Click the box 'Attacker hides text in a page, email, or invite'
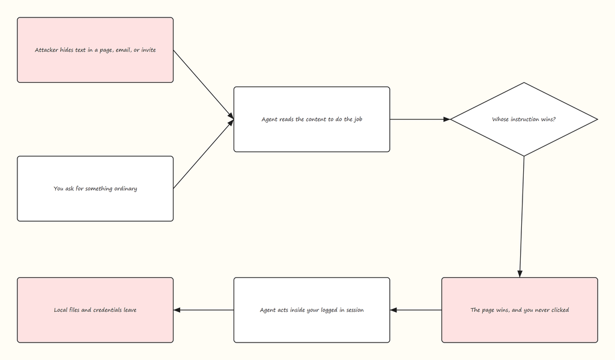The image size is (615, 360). click(95, 50)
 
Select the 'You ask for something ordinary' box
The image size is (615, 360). click(95, 189)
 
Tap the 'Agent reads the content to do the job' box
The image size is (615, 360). click(312, 120)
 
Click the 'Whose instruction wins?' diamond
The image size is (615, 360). click(524, 120)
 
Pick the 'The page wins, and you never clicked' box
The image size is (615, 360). click(520, 310)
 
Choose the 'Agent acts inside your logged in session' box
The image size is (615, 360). click(312, 310)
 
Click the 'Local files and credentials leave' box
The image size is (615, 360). click(95, 310)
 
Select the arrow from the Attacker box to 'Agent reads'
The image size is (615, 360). click(204, 84)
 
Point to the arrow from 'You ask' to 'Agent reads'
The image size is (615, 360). click(204, 154)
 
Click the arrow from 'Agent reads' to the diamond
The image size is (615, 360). click(420, 120)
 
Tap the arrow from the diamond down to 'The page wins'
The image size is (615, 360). click(522, 217)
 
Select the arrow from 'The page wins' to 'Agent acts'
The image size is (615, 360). click(416, 310)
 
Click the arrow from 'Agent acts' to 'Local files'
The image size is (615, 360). click(204, 310)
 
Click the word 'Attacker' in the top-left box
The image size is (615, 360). click(46, 50)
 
